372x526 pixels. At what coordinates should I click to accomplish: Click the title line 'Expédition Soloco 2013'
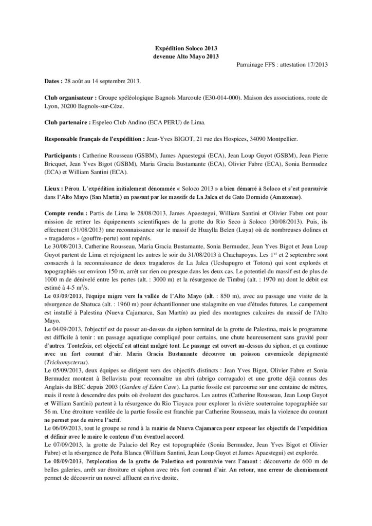pos(185,47)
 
